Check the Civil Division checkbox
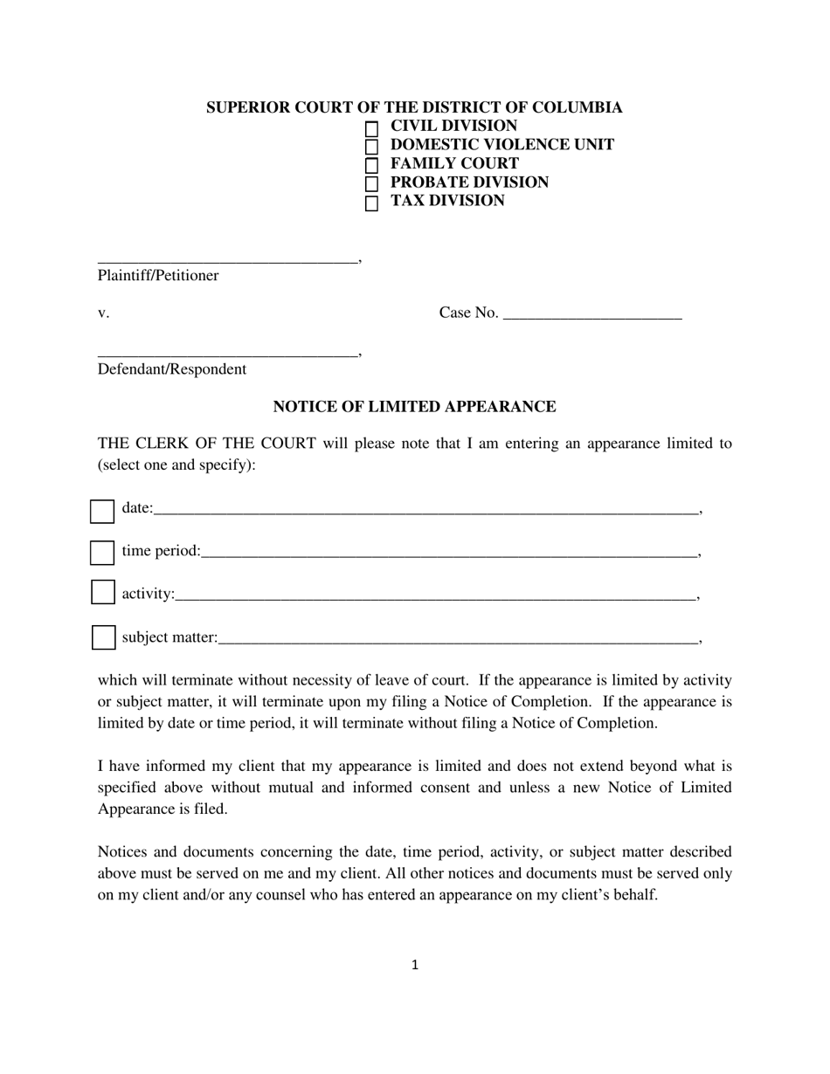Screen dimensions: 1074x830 coord(371,128)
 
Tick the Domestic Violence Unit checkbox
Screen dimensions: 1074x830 coord(371,147)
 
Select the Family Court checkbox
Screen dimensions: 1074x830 coord(371,165)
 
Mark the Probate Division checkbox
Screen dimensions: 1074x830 coord(371,184)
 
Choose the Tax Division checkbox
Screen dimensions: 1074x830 coord(371,203)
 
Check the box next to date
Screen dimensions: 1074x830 coord(102,512)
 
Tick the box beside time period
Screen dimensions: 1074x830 coord(102,553)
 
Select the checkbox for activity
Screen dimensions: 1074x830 coord(103,592)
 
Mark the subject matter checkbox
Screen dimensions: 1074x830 coord(104,637)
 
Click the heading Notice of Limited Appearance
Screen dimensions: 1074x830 coord(414,407)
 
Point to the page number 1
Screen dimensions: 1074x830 coord(415,965)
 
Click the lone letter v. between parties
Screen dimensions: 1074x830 coord(103,313)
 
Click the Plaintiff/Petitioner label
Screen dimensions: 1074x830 coord(158,276)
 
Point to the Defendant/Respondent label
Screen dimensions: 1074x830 coord(172,369)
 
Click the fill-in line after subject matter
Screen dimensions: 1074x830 coord(458,639)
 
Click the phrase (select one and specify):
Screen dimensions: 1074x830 coord(176,465)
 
